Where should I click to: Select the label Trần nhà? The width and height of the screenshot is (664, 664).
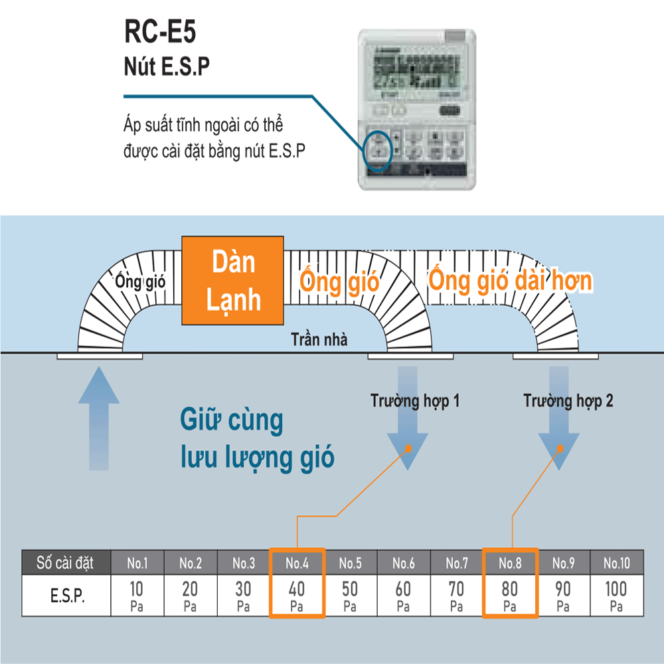[x=319, y=339]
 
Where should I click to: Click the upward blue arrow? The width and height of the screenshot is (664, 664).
[x=98, y=418]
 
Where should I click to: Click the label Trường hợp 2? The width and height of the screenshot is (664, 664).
[x=568, y=401]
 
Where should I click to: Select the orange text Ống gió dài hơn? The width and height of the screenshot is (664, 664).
[x=509, y=280]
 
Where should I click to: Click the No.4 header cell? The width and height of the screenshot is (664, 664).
[x=297, y=564]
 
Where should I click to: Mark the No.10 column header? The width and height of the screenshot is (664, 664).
[x=616, y=564]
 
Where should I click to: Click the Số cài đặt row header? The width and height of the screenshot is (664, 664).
[x=66, y=563]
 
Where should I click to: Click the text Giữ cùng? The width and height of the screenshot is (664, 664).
[x=231, y=421]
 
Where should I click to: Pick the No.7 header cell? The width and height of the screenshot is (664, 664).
[x=457, y=564]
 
